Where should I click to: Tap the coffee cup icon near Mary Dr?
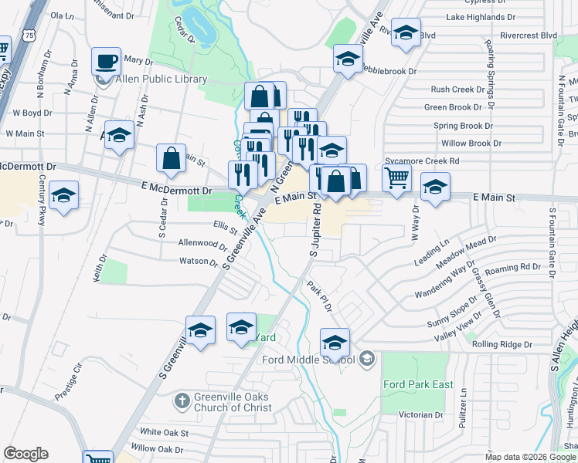pyautogui.click(x=107, y=60)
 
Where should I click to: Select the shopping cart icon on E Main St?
pyautogui.click(x=396, y=177)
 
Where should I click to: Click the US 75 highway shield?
pyautogui.click(x=29, y=35)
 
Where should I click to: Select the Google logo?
pyautogui.click(x=26, y=454)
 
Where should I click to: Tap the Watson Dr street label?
pyautogui.click(x=199, y=262)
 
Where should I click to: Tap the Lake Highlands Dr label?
pyautogui.click(x=481, y=16)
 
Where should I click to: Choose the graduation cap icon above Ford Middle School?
pyautogui.click(x=335, y=341)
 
